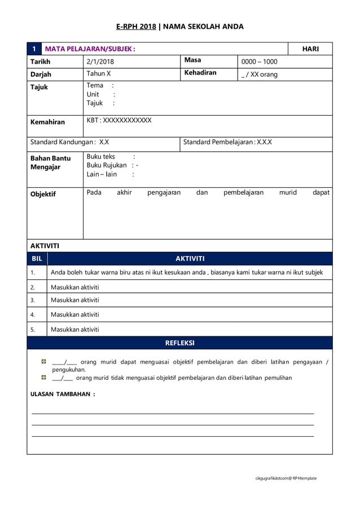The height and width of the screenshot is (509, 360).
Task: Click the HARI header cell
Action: [x=310, y=49]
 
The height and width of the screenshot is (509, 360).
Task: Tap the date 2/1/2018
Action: [x=100, y=62]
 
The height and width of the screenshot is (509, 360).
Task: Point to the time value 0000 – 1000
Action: [x=259, y=62]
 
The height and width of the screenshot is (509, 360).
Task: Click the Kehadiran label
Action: [x=200, y=73]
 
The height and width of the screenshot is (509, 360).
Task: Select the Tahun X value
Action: [x=99, y=74]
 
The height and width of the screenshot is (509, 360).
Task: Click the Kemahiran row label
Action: [x=47, y=122]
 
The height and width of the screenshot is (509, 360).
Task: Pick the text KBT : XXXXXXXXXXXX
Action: [x=119, y=120]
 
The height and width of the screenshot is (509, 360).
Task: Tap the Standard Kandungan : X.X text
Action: [x=69, y=142]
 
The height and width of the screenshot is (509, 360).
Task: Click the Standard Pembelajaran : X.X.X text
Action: [x=227, y=142]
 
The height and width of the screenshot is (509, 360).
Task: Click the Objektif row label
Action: [x=43, y=194]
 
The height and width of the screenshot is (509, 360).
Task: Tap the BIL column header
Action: [x=37, y=258]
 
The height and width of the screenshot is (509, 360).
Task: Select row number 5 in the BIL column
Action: [x=33, y=330]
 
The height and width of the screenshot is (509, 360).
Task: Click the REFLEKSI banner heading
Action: [x=179, y=343]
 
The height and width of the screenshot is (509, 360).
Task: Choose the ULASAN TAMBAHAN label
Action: [x=62, y=394]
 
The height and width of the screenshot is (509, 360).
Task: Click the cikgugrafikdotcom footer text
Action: [x=285, y=478]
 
